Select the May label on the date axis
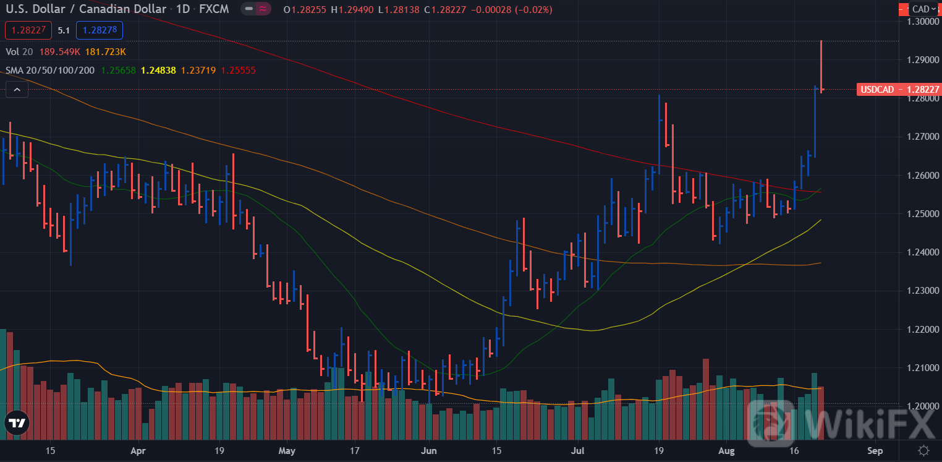(x=287, y=450)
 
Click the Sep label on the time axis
(x=875, y=450)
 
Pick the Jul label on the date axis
(x=579, y=450)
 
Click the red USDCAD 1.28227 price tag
(x=899, y=90)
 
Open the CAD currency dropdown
(x=924, y=9)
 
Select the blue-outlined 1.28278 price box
(x=100, y=30)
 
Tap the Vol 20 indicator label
(x=19, y=51)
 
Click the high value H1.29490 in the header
(x=352, y=10)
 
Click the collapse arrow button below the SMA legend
(x=17, y=90)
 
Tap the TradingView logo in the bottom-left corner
(x=17, y=423)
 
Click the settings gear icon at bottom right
(x=923, y=450)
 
